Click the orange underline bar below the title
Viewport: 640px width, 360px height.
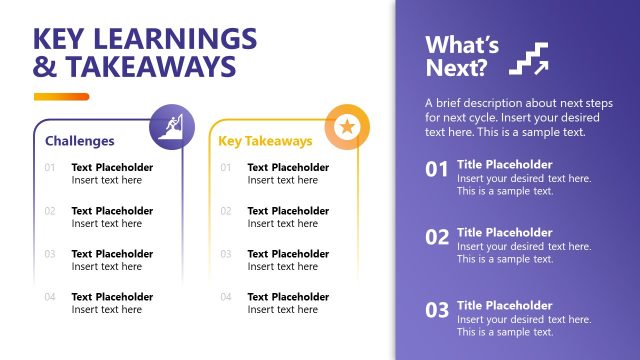(61, 97)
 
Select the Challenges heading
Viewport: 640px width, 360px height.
(80, 141)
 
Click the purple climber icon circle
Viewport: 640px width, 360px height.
(172, 127)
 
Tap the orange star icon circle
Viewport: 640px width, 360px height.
(348, 127)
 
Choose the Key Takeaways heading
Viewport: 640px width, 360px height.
(265, 141)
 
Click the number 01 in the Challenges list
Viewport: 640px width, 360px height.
(50, 168)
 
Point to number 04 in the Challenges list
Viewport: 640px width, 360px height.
(50, 297)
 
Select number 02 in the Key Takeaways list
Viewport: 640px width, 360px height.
(226, 211)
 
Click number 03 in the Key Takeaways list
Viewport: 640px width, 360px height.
(226, 254)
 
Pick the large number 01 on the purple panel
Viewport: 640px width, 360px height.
(437, 170)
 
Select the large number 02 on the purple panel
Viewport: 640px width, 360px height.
(437, 238)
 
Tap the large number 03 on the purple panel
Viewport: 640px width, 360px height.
(437, 310)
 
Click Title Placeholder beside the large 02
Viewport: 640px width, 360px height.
(504, 232)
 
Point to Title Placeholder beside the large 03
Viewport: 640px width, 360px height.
(504, 305)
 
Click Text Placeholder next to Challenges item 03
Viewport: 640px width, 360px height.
(112, 254)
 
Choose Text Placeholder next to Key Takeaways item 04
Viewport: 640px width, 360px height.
(288, 297)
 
